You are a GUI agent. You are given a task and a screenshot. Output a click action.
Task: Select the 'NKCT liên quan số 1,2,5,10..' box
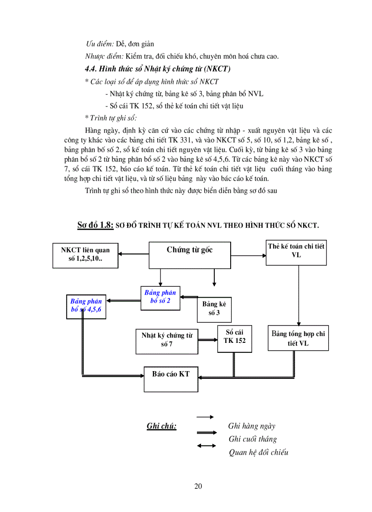[x=85, y=255]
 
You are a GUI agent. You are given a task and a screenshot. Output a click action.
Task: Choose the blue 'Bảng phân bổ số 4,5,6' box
[x=86, y=305]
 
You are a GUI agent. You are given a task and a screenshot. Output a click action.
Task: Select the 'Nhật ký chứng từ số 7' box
[x=167, y=341]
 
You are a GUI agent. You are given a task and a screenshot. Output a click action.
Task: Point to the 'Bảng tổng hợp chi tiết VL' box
[x=298, y=338]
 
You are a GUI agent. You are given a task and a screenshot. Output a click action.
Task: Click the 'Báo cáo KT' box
[x=171, y=378]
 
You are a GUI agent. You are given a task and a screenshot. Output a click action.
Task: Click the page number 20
[x=198, y=486]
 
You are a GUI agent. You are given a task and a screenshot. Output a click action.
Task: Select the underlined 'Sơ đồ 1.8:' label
[x=95, y=225]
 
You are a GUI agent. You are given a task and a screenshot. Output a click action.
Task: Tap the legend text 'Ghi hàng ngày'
[x=252, y=426]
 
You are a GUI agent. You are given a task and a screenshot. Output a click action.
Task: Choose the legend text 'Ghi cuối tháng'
[x=253, y=439]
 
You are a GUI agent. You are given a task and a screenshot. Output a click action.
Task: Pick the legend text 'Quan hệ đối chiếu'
[x=258, y=452]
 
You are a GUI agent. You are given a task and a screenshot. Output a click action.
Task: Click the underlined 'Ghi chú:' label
[x=161, y=426]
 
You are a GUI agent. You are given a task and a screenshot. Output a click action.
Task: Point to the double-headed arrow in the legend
[x=206, y=445]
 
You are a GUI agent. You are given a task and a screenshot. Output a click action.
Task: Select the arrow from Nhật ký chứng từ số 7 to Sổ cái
[x=208, y=339]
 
